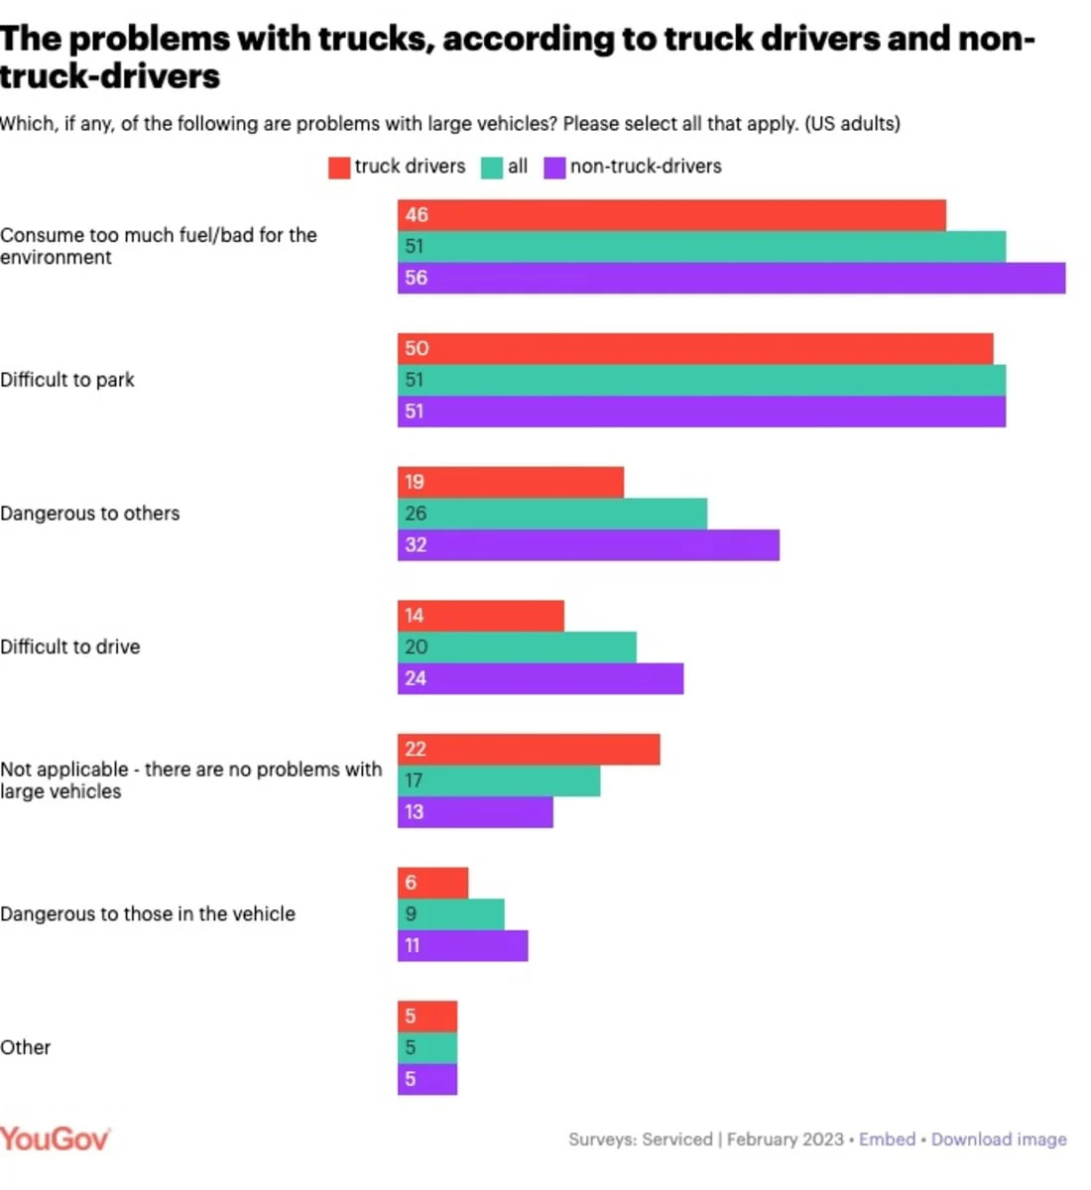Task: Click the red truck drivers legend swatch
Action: pos(339,168)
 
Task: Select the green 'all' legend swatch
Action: pos(492,168)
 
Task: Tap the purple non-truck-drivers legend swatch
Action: pos(554,168)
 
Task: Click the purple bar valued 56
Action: pos(731,279)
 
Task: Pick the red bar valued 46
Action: pos(671,215)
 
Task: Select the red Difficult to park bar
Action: pos(695,349)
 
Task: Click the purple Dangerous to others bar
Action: pos(588,545)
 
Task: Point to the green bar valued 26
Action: pos(552,514)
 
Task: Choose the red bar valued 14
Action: pos(481,616)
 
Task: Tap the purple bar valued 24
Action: pos(541,679)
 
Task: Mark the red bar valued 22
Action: pos(529,750)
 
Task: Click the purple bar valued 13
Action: pos(475,812)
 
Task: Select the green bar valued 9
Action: pos(451,914)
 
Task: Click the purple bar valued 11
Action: pos(463,946)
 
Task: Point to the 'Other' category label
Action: pos(26,1048)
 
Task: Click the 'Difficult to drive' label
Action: pos(70,648)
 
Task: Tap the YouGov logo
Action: pos(55,1138)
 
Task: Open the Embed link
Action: pos(887,1139)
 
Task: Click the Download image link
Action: pos(999,1139)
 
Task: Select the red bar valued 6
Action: pos(433,883)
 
